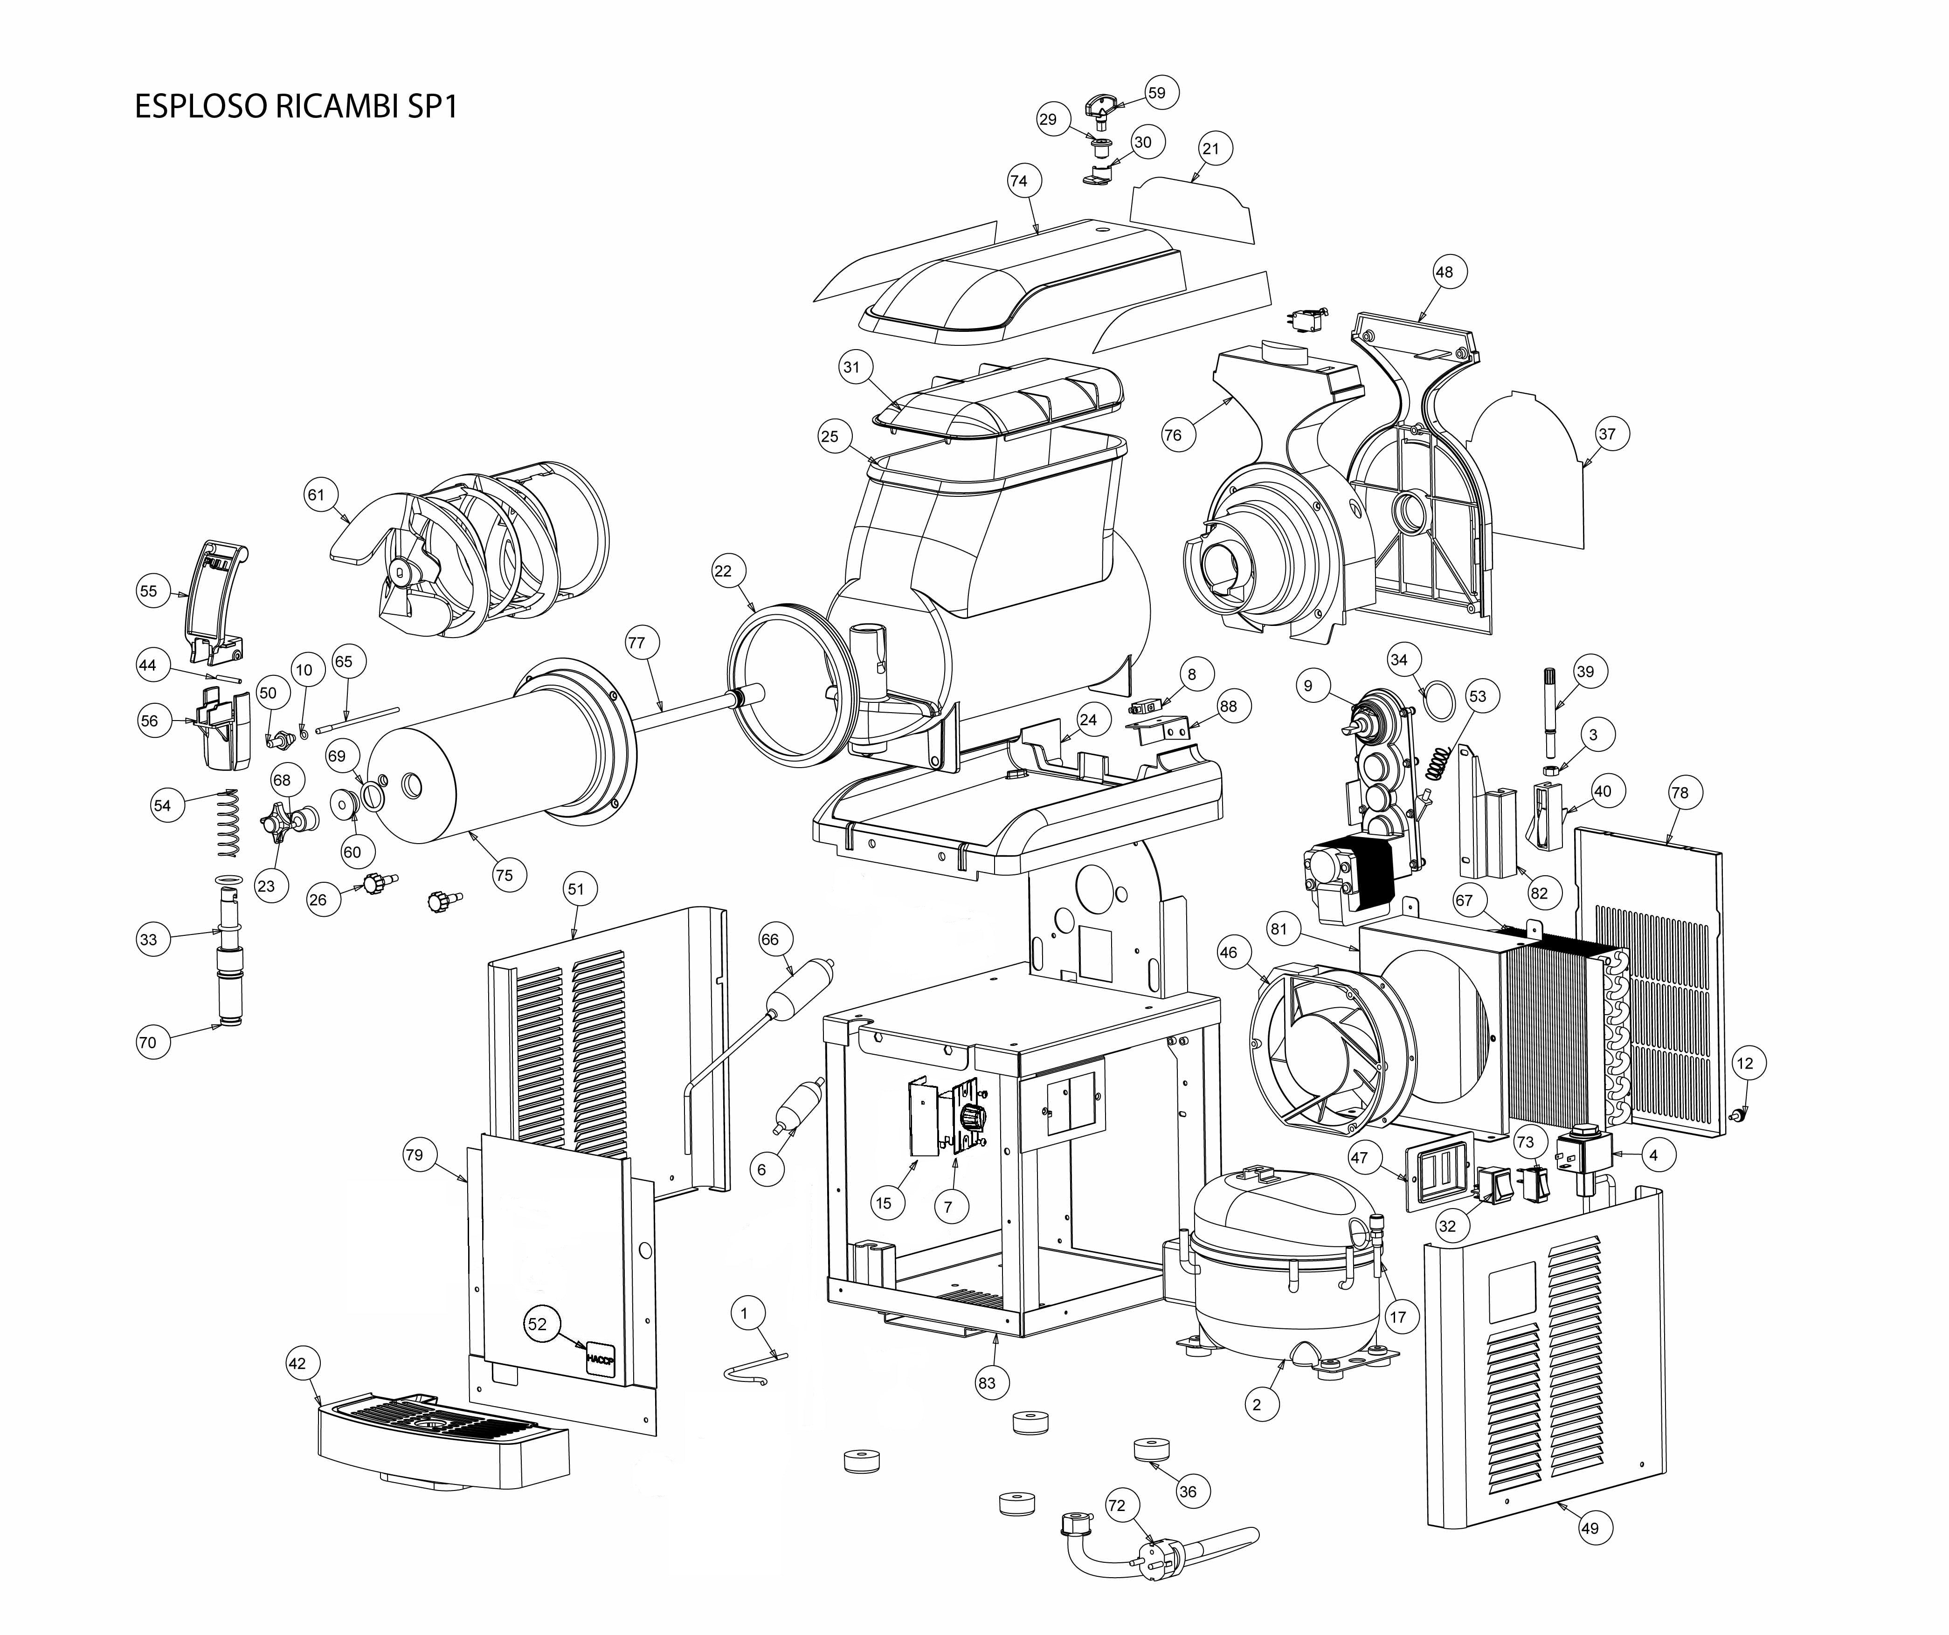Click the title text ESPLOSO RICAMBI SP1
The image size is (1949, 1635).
[x=296, y=107]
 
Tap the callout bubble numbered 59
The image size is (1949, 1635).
[x=1156, y=93]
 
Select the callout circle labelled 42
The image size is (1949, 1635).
[x=297, y=1363]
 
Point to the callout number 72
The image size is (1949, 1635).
[x=1117, y=1505]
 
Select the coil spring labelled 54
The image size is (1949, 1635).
[x=228, y=823]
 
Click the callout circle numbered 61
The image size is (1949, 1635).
[x=317, y=495]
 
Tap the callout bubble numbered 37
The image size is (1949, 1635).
[x=1607, y=433]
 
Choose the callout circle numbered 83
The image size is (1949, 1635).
[x=987, y=1382]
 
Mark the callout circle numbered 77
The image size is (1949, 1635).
[x=636, y=642]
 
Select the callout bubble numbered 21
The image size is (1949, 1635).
[x=1210, y=149]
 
